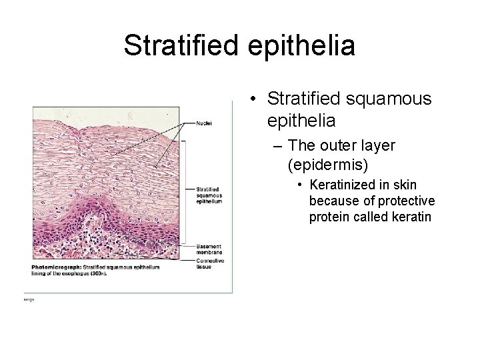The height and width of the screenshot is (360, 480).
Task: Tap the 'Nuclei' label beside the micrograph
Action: point(204,123)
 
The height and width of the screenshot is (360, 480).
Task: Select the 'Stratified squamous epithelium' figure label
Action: point(209,195)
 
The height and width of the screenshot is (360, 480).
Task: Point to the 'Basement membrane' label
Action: point(209,249)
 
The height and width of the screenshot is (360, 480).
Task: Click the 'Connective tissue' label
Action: point(208,263)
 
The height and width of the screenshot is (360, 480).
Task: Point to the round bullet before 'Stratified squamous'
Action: point(254,99)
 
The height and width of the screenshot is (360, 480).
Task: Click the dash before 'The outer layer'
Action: point(276,145)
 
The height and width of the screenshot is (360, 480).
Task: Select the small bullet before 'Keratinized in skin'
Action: point(301,185)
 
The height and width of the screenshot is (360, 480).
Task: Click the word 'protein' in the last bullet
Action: point(327,217)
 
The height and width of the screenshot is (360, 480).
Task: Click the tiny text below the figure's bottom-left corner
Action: point(28,299)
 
